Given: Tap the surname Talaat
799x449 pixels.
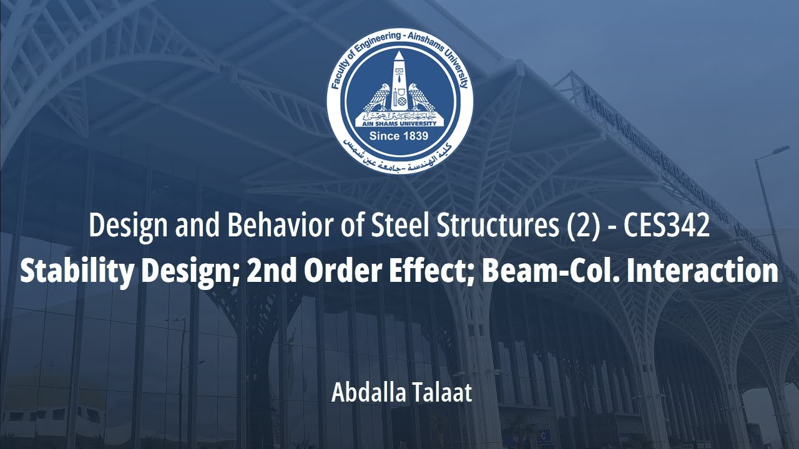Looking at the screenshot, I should pyautogui.click(x=444, y=393).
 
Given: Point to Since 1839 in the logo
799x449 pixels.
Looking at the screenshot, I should pyautogui.click(x=399, y=136).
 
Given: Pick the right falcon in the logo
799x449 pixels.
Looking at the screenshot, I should pyautogui.click(x=423, y=99).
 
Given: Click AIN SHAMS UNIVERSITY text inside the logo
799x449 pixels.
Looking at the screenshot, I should pyautogui.click(x=399, y=123).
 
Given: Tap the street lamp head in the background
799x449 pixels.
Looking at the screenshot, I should pyautogui.click(x=781, y=150).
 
